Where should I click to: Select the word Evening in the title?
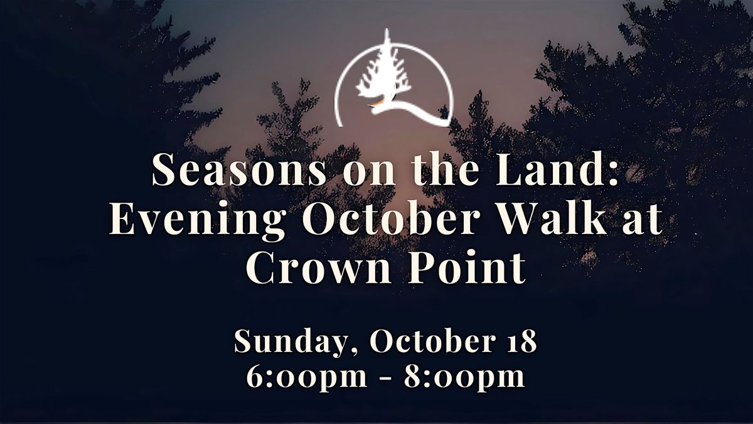pyautogui.click(x=198, y=220)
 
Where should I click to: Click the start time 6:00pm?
pyautogui.click(x=307, y=377)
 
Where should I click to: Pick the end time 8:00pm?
pyautogui.click(x=464, y=377)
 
